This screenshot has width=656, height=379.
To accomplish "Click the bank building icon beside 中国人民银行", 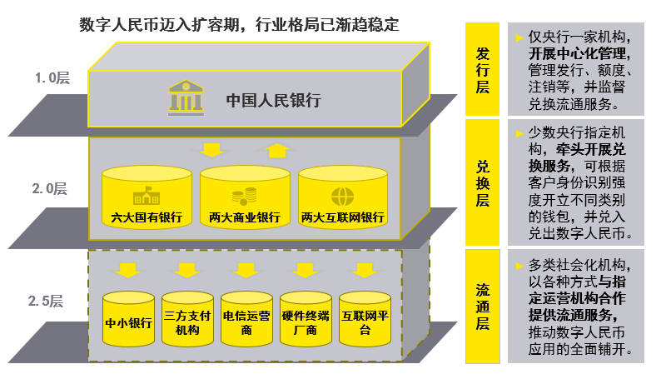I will coord(186,97).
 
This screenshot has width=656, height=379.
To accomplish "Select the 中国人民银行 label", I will coord(274,101).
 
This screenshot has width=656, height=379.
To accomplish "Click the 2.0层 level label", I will coord(51,189).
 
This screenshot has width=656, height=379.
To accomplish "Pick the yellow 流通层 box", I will coord(482,307).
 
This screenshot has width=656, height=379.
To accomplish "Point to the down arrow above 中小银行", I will coord(127,270).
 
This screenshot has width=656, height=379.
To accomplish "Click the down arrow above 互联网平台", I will coord(364,270).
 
